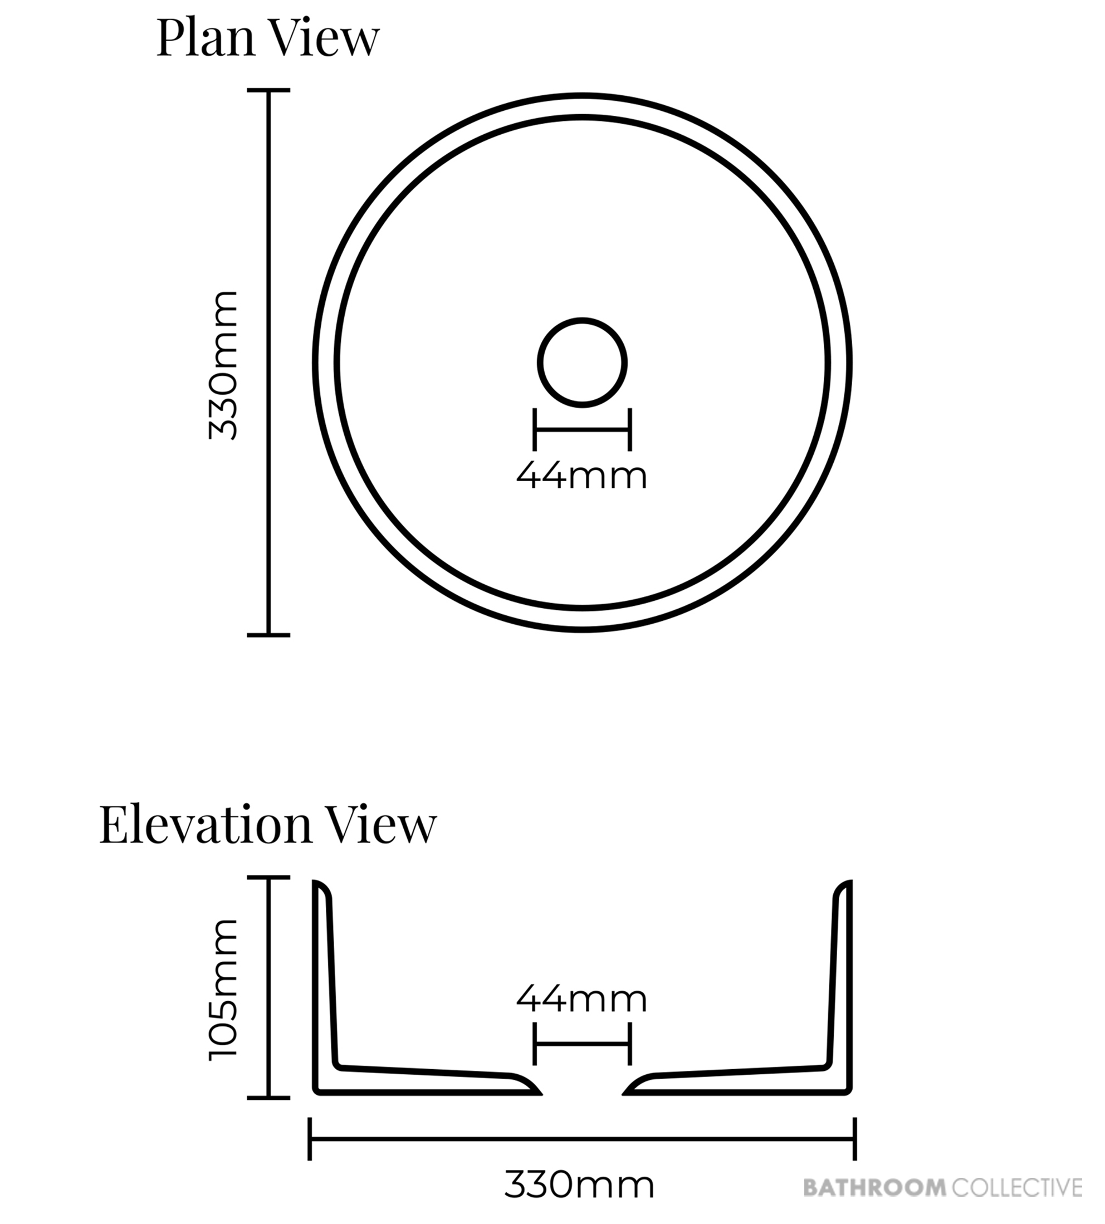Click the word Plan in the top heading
tap(207, 40)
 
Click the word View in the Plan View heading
tap(325, 40)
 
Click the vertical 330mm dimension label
tap(223, 364)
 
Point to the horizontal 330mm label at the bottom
tap(579, 1185)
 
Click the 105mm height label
tap(223, 990)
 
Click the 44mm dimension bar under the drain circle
tap(582, 430)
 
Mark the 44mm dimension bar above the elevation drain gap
tap(582, 1044)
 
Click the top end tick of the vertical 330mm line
tap(268, 90)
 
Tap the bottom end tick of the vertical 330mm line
tap(268, 635)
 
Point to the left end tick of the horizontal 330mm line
tap(310, 1139)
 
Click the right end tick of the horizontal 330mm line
tap(855, 1139)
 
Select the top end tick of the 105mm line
tap(268, 877)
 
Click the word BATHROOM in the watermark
tap(875, 1187)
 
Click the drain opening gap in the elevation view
tap(582, 1088)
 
